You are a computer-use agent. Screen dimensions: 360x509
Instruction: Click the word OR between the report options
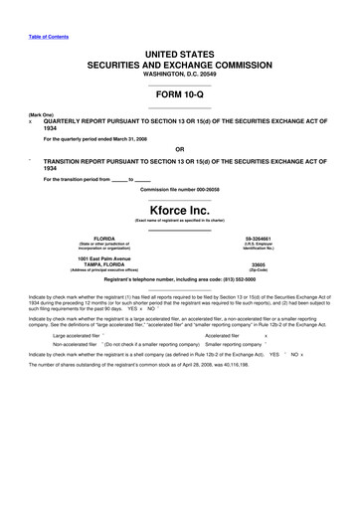point(180,150)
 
